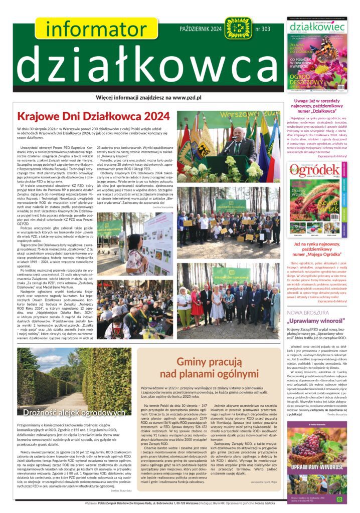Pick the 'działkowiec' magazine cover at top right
coord(316,55)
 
